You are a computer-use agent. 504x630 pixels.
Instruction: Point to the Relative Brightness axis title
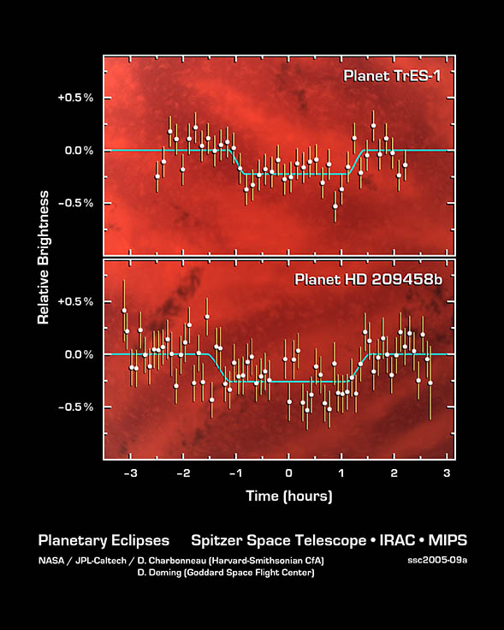(x=43, y=257)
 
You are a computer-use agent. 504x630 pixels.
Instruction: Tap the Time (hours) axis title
(x=288, y=496)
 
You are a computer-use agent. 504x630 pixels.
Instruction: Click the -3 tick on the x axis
(x=130, y=473)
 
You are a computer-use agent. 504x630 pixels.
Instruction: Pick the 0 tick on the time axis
(x=288, y=473)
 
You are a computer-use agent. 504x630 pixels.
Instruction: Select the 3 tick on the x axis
(x=447, y=473)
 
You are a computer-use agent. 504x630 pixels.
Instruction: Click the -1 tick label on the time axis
(x=234, y=473)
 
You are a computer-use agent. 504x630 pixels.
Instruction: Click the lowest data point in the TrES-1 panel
(x=335, y=206)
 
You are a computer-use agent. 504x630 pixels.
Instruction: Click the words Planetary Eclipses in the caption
(x=104, y=541)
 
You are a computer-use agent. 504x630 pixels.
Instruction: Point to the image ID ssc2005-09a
(x=437, y=561)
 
